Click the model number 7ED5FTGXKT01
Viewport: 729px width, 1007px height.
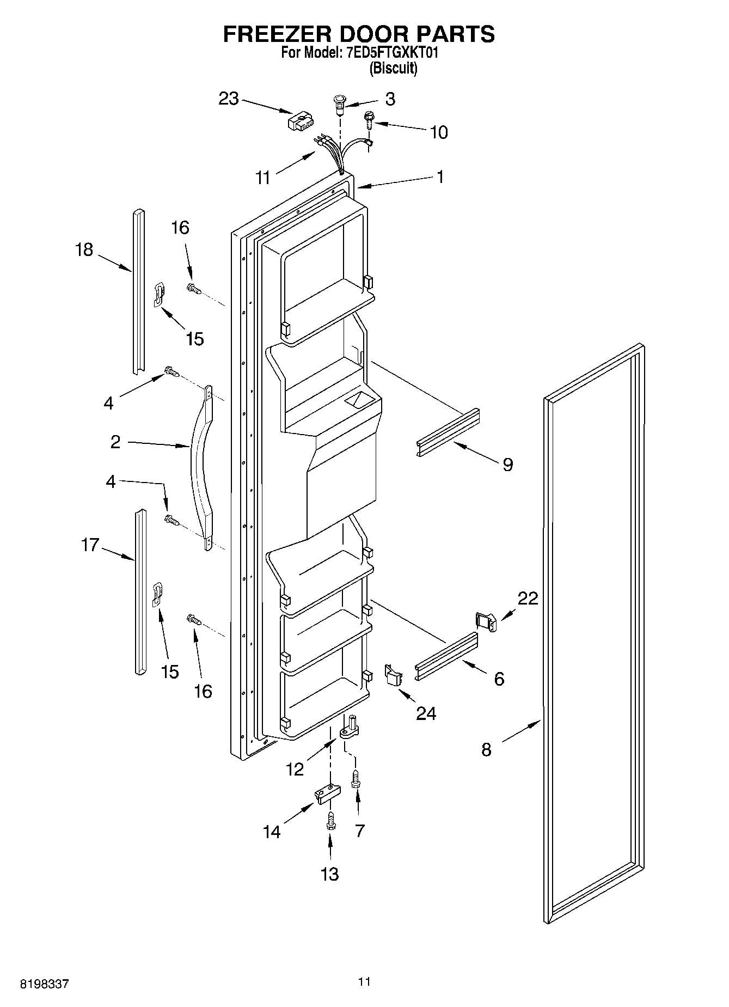[x=392, y=53]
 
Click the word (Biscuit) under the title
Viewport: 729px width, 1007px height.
[x=393, y=69]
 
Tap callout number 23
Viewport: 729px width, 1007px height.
[x=229, y=99]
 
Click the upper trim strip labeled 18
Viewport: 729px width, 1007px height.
[x=138, y=291]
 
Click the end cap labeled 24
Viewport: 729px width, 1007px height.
[x=393, y=675]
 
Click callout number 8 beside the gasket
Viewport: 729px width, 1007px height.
[x=486, y=749]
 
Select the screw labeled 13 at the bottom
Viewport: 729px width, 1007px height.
[x=330, y=822]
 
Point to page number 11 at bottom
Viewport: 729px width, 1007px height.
[x=364, y=982]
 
